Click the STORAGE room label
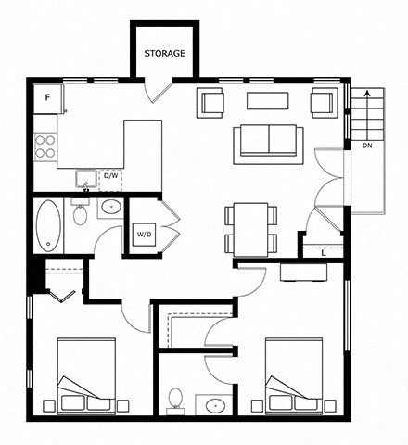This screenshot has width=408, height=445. click(164, 53)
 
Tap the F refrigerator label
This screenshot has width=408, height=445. click(47, 97)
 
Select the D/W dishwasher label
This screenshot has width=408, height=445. click(110, 176)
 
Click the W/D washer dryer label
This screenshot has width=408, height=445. click(144, 235)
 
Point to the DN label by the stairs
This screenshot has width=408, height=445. click(367, 146)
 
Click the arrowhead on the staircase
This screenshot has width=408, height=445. click(367, 94)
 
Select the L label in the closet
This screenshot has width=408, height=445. click(324, 253)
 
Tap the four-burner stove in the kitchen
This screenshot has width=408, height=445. click(45, 146)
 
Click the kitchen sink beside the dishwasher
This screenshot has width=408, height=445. click(85, 179)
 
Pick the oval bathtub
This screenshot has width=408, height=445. click(48, 225)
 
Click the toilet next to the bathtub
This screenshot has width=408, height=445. click(80, 211)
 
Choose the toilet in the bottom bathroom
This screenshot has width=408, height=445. click(175, 400)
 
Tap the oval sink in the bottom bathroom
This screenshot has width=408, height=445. click(215, 405)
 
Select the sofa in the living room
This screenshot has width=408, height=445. click(268, 144)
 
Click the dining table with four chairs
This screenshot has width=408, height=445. click(250, 230)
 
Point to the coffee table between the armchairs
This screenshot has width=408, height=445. click(268, 101)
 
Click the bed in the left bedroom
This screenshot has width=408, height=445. click(86, 376)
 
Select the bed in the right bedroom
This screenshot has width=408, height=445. click(294, 376)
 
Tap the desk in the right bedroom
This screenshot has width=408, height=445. click(303, 272)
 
